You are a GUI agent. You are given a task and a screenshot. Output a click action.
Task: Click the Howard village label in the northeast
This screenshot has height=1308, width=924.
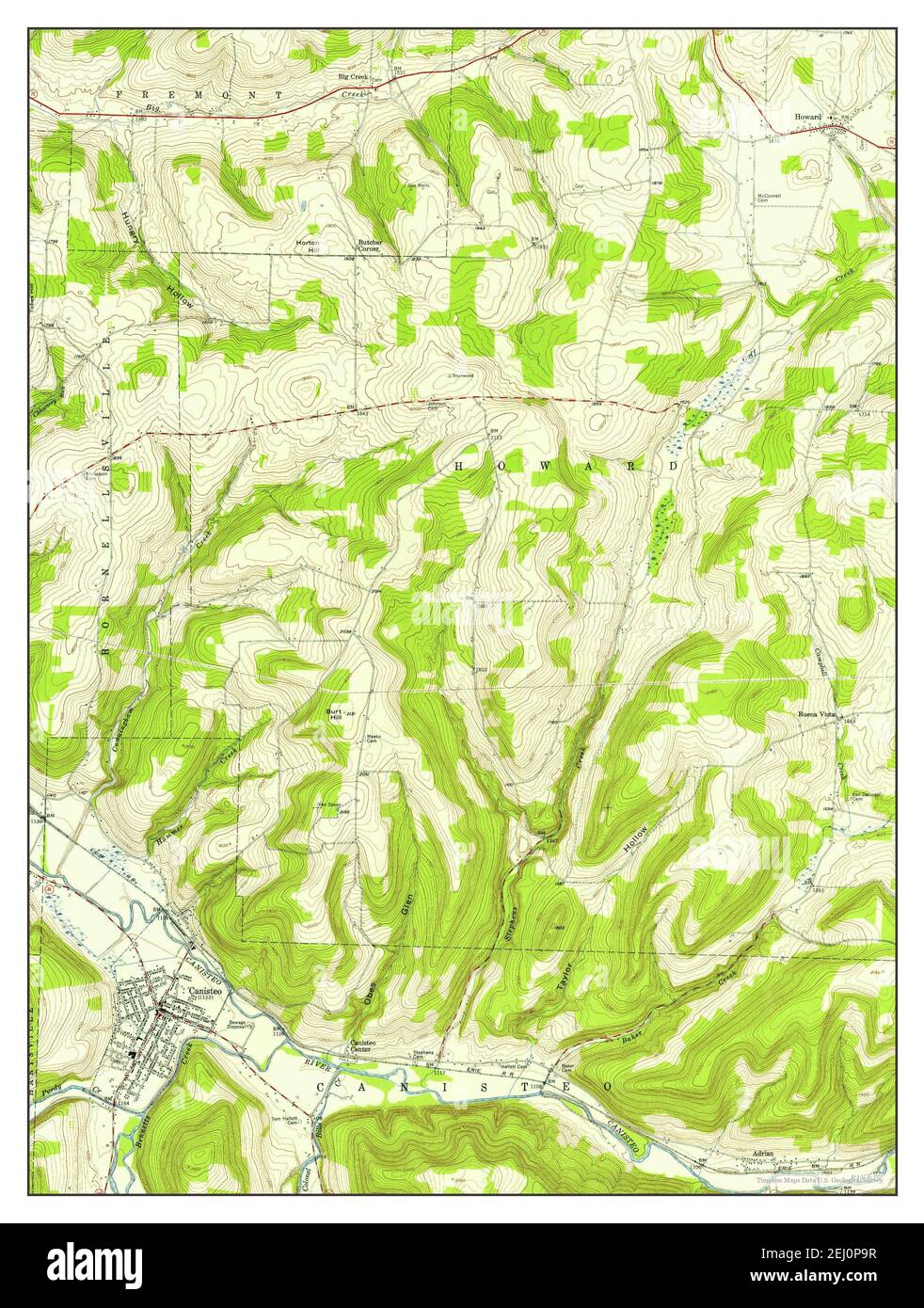[x=807, y=117]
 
